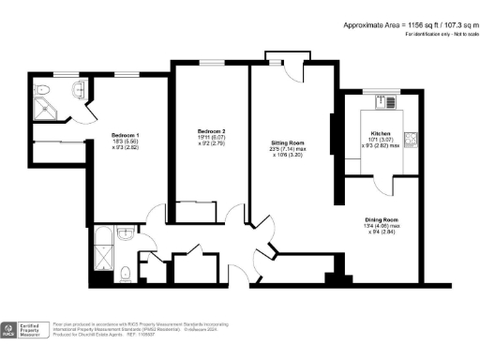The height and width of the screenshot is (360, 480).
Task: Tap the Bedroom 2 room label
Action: pos(210,130)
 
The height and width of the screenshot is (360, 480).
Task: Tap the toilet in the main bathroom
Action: pos(125,273)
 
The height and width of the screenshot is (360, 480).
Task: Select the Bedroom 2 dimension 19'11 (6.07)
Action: pos(210,138)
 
